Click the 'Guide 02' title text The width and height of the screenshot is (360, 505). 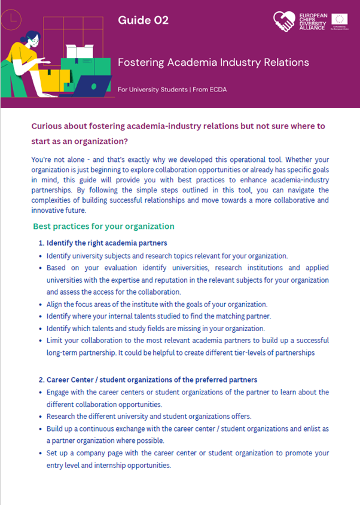coord(143,20)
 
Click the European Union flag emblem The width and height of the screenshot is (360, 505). coord(341,18)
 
